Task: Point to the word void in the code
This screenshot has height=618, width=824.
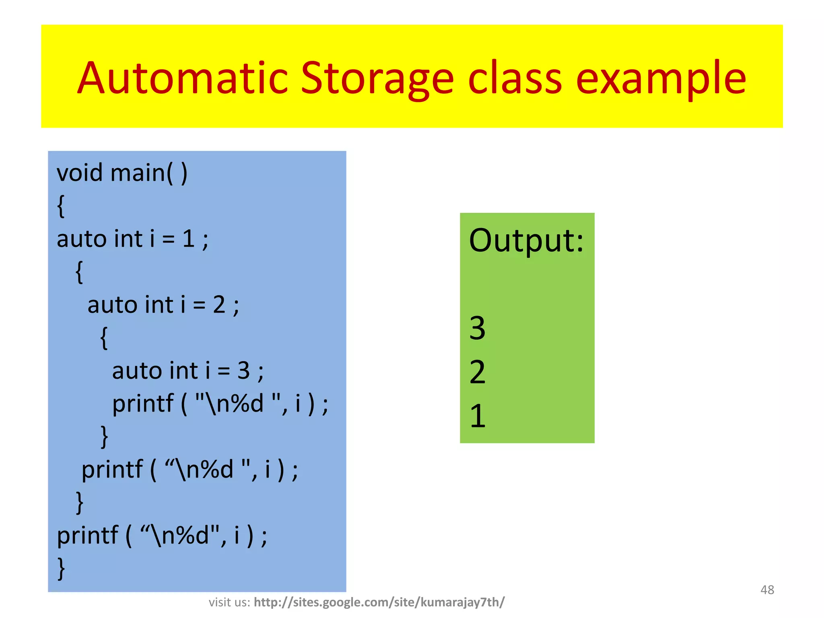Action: coord(80,173)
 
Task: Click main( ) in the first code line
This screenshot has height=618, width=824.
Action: coord(148,173)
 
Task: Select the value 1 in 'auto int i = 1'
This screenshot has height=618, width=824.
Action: coord(189,239)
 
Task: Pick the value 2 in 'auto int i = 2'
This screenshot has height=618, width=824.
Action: coord(219,305)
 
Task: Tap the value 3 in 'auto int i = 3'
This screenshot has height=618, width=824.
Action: coord(244,371)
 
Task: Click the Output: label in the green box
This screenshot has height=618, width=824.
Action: coord(526,241)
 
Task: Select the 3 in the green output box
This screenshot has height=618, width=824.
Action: coord(478,328)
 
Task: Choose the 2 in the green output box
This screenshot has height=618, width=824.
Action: coord(478,372)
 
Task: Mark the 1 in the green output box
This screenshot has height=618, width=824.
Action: coord(478,416)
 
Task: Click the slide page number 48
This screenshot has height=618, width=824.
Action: coord(767,590)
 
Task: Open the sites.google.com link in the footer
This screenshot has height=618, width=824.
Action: coord(379,602)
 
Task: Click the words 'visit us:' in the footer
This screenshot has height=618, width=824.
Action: coord(229,602)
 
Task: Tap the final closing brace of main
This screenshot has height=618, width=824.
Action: coord(61,568)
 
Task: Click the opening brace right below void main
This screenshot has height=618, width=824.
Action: coord(61,206)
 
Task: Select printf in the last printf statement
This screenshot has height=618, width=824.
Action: coord(88,536)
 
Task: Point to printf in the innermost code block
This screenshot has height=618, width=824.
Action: coord(143,404)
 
